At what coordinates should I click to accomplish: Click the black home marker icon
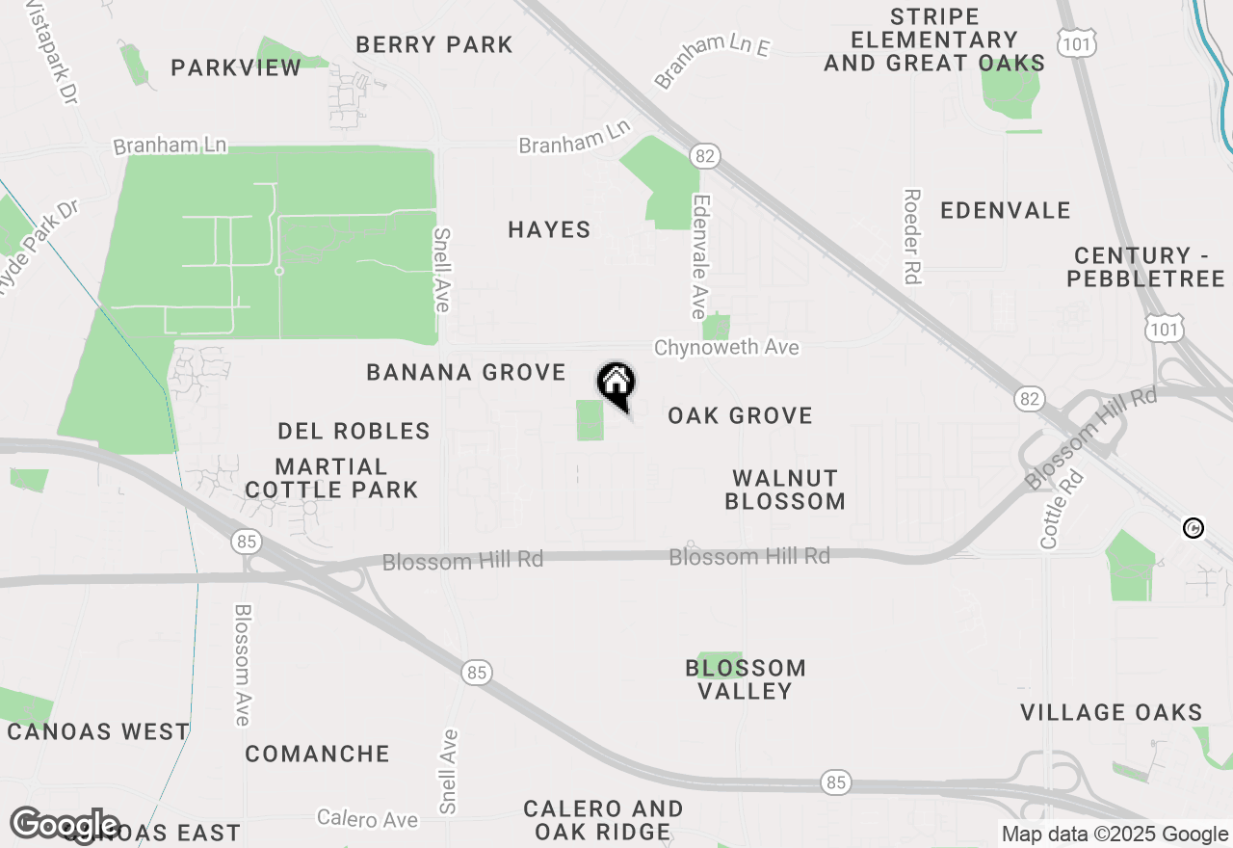pos(616,384)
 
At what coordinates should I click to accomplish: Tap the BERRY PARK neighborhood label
pos(434,44)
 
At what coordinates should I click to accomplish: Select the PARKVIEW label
pos(236,67)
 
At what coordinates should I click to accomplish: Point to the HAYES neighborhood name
pos(549,229)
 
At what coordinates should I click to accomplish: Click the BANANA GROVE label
pos(466,373)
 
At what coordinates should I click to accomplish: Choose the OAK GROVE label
pos(740,416)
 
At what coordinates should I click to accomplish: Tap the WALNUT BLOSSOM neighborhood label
pos(785,490)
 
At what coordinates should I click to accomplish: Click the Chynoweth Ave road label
pos(726,347)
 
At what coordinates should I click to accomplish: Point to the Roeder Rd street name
pos(912,236)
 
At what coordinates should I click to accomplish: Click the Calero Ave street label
pos(367,819)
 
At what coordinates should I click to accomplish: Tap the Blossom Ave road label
pos(242,665)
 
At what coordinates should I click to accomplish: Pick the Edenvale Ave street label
pos(700,257)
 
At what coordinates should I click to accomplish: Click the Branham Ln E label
pos(713,60)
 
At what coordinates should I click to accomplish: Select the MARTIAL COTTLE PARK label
pos(331,478)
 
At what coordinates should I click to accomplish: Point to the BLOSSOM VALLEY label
pos(746,679)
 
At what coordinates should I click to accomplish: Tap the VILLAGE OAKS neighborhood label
pos(1111,713)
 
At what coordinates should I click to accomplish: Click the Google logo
pos(66,825)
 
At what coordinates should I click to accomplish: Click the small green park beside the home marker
pos(590,421)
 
